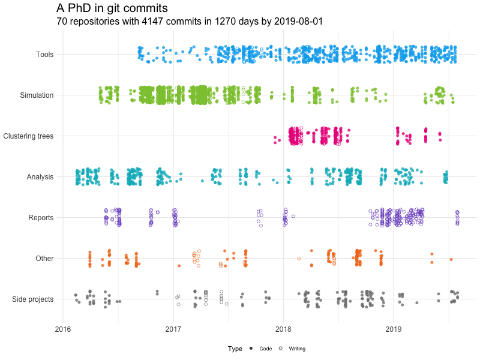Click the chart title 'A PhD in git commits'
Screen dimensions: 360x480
tap(112, 8)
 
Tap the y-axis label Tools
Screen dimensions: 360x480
tap(45, 55)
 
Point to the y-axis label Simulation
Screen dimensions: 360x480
tap(37, 95)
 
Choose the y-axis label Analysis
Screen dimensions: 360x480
tap(40, 177)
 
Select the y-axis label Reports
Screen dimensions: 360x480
tap(41, 218)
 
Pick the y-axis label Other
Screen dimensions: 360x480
tap(44, 259)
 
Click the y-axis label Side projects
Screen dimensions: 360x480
tap(33, 299)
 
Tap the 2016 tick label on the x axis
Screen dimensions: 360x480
tap(63, 329)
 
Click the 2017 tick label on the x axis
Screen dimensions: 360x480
tap(173, 329)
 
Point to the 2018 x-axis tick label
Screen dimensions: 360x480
tap(283, 329)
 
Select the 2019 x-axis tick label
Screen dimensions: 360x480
tap(394, 329)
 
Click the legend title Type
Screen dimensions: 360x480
tap(235, 349)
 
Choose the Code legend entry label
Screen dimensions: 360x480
tap(265, 349)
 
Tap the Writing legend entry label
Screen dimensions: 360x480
tap(297, 349)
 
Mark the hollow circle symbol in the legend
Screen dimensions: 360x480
tap(281, 349)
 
